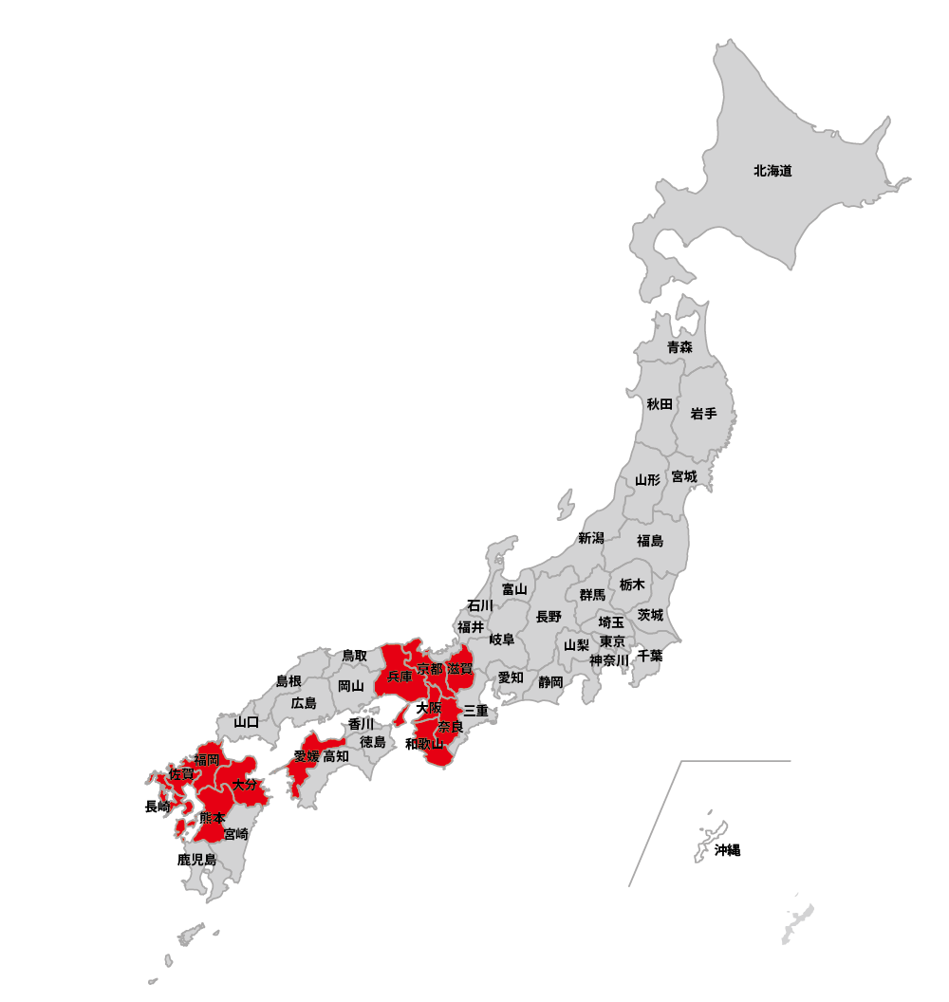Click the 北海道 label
(772, 172)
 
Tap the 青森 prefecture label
(679, 347)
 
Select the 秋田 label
(660, 404)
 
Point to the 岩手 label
(703, 414)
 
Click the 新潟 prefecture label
(590, 538)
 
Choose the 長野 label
(549, 617)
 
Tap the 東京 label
(612, 641)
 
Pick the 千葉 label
(650, 656)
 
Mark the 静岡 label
(550, 681)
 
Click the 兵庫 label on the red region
(400, 677)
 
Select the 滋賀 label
(460, 669)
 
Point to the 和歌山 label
(424, 744)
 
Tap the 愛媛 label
(307, 756)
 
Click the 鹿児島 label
(196, 860)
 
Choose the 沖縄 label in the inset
(727, 850)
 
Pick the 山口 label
(247, 722)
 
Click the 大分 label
(245, 785)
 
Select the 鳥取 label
(354, 656)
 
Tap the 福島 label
(650, 541)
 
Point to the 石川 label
(479, 605)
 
